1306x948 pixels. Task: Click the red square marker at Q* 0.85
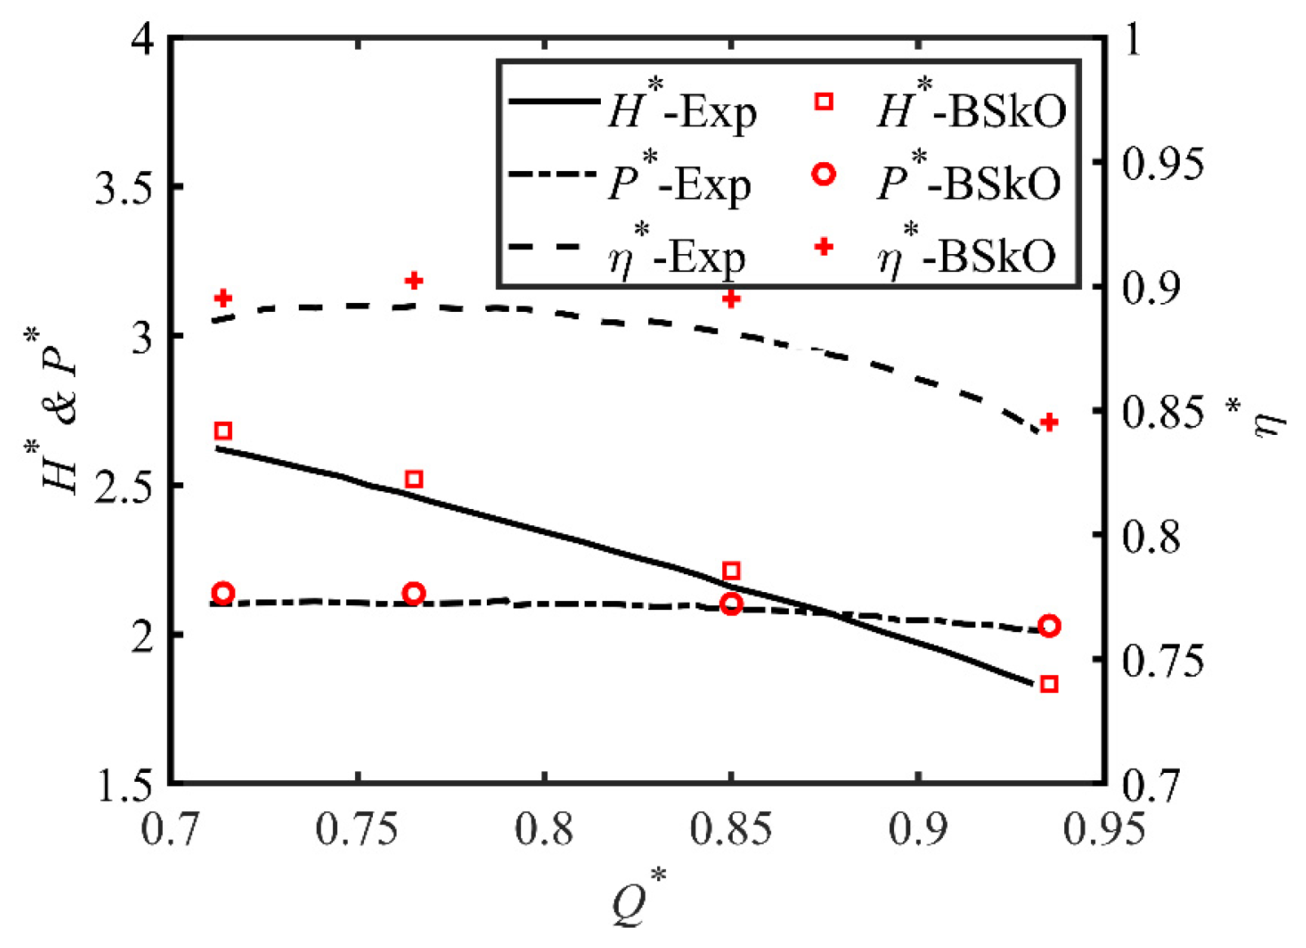(x=731, y=571)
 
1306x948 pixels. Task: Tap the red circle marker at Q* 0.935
(x=1049, y=625)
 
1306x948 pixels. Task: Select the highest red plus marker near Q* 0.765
(x=414, y=280)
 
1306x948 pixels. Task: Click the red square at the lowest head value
(x=1049, y=684)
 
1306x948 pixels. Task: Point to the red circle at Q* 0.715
(x=223, y=593)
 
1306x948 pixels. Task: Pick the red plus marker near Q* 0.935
(x=1049, y=422)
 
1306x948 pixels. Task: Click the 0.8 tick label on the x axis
(x=544, y=830)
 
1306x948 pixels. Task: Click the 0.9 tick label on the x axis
(x=918, y=830)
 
